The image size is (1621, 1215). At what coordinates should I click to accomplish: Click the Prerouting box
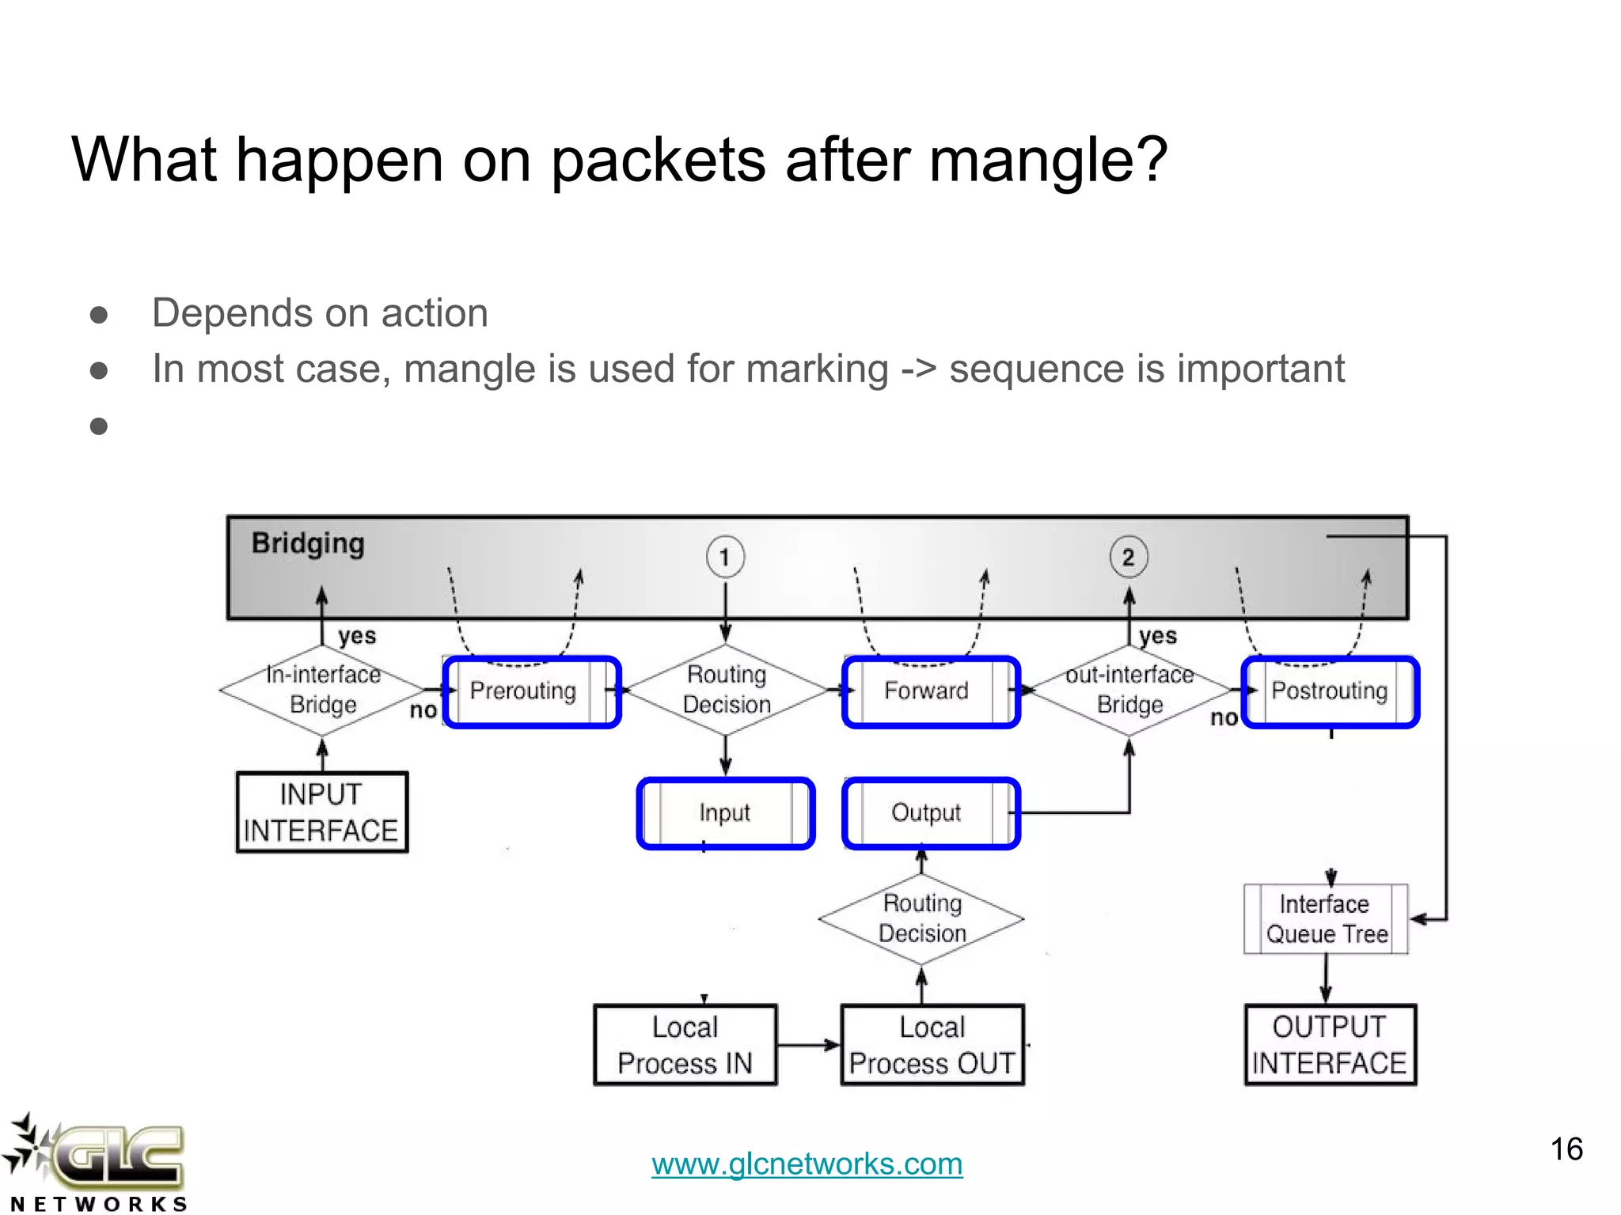tap(531, 691)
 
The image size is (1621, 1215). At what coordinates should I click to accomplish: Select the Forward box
tap(931, 691)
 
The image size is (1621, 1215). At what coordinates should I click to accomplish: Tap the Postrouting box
tap(1331, 691)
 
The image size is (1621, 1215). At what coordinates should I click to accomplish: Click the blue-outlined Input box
tap(725, 813)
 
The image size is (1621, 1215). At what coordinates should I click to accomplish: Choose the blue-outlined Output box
tap(931, 813)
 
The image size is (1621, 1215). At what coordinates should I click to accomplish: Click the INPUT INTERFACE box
tap(322, 812)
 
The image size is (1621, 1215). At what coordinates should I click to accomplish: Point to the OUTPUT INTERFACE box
tap(1330, 1045)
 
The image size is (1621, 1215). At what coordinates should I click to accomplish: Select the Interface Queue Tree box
tap(1326, 919)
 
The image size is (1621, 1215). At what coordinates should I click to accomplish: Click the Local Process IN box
tap(685, 1045)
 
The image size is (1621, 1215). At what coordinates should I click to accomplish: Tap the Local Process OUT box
tap(932, 1045)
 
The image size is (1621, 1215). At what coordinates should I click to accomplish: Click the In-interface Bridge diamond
tap(322, 690)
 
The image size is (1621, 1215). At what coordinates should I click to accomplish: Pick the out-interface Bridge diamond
tap(1129, 690)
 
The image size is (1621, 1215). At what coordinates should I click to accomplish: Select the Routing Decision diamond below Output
tap(921, 918)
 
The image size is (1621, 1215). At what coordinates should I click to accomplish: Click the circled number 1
tap(724, 557)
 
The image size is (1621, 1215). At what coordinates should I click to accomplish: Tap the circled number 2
tap(1128, 557)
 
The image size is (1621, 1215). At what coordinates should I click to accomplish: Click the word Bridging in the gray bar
tap(308, 544)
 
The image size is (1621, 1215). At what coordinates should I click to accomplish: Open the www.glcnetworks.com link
tap(807, 1164)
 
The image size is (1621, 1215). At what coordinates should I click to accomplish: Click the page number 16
tap(1566, 1149)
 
